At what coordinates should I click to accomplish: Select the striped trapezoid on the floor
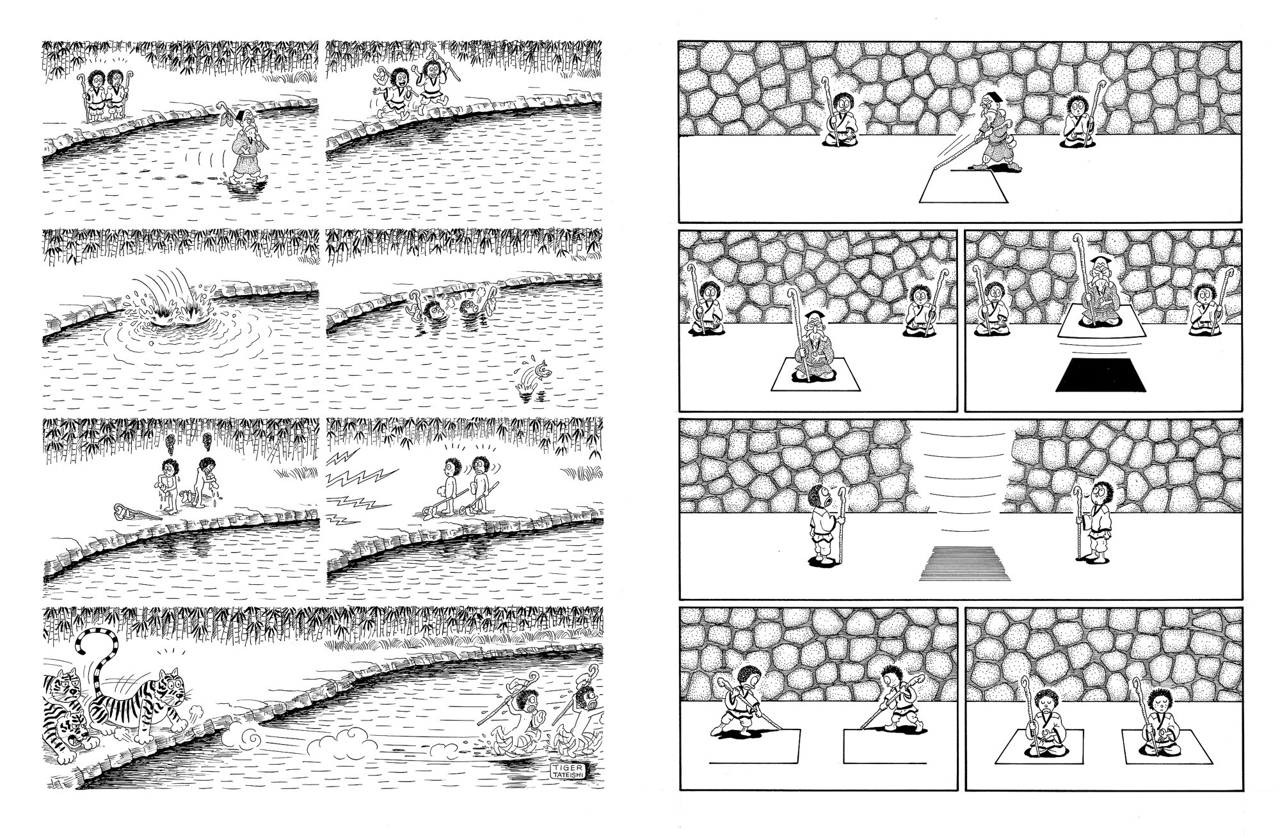(958, 564)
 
